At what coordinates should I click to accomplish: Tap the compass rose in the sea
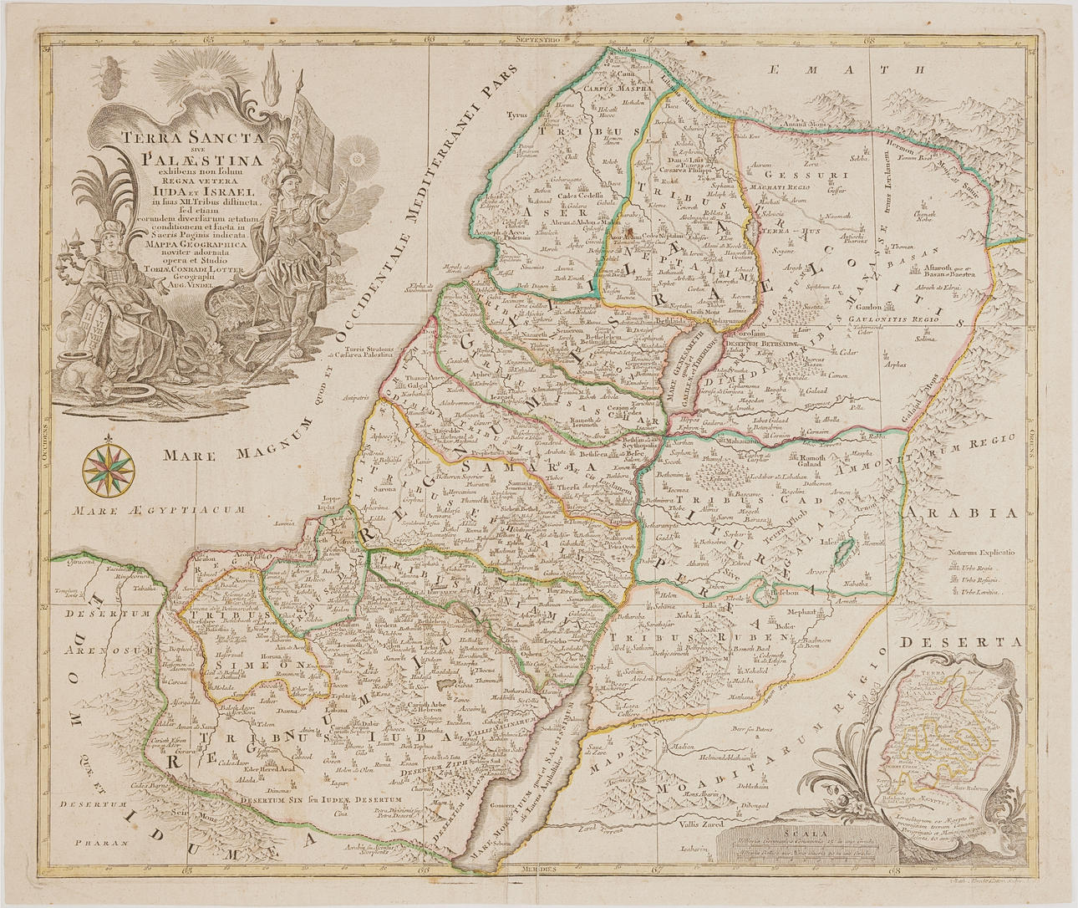pos(106,467)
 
